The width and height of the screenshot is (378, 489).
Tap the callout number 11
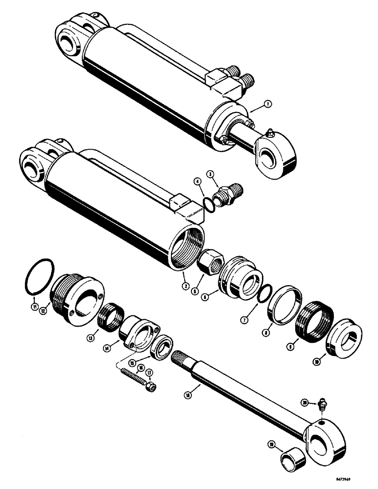[x=34, y=307]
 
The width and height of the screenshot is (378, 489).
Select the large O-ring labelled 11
[x=37, y=279]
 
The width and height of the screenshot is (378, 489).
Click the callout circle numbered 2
[x=185, y=285]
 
